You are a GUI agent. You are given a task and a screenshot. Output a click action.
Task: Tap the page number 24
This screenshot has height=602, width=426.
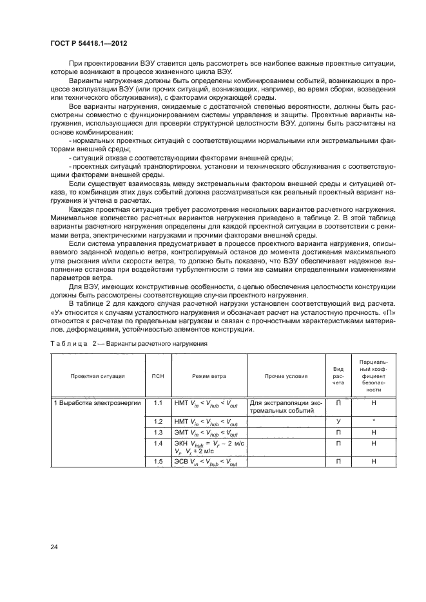53,547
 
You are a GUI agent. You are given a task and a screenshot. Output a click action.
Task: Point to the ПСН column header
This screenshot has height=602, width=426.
157,375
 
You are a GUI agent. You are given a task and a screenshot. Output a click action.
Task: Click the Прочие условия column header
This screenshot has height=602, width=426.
286,375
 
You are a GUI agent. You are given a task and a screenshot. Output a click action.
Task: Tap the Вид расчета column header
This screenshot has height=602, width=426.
338,375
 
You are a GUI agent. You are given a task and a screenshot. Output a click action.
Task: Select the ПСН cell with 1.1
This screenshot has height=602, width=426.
157,403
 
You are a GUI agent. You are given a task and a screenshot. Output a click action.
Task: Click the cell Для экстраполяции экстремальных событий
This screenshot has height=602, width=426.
286,407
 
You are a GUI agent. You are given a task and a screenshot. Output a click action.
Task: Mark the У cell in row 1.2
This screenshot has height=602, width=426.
338,420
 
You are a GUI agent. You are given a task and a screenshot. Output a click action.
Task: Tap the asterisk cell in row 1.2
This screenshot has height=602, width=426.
374,420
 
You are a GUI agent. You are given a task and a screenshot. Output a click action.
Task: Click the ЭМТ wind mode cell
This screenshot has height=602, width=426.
206,433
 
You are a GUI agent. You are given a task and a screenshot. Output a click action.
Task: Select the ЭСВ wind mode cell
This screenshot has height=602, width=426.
206,462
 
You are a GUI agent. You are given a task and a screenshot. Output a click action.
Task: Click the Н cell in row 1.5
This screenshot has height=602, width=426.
374,462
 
